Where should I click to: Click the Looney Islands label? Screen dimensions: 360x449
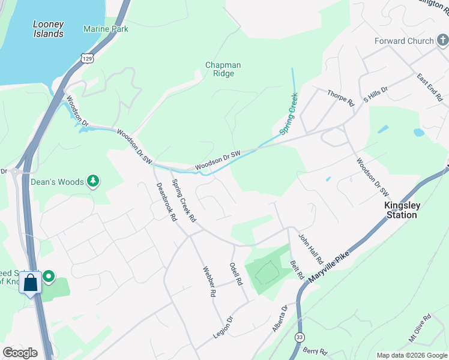[49, 29]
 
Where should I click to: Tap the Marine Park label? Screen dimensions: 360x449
[106, 28]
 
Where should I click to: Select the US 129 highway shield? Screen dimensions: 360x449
[88, 57]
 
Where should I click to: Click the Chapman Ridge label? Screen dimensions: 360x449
[223, 69]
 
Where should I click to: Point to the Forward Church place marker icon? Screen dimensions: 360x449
[442, 41]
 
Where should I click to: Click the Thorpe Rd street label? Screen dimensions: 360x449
[341, 98]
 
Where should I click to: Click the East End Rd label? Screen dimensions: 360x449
[430, 88]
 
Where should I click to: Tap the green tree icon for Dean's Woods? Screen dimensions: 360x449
[92, 181]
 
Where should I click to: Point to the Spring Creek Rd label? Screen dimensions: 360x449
[184, 200]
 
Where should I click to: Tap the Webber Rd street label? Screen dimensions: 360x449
[208, 281]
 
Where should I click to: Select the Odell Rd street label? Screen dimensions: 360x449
[236, 274]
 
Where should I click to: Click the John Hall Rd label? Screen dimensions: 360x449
[311, 249]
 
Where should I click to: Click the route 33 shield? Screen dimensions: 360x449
[298, 338]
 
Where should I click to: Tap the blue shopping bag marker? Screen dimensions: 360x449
[31, 283]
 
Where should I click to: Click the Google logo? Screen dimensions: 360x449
[20, 353]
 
